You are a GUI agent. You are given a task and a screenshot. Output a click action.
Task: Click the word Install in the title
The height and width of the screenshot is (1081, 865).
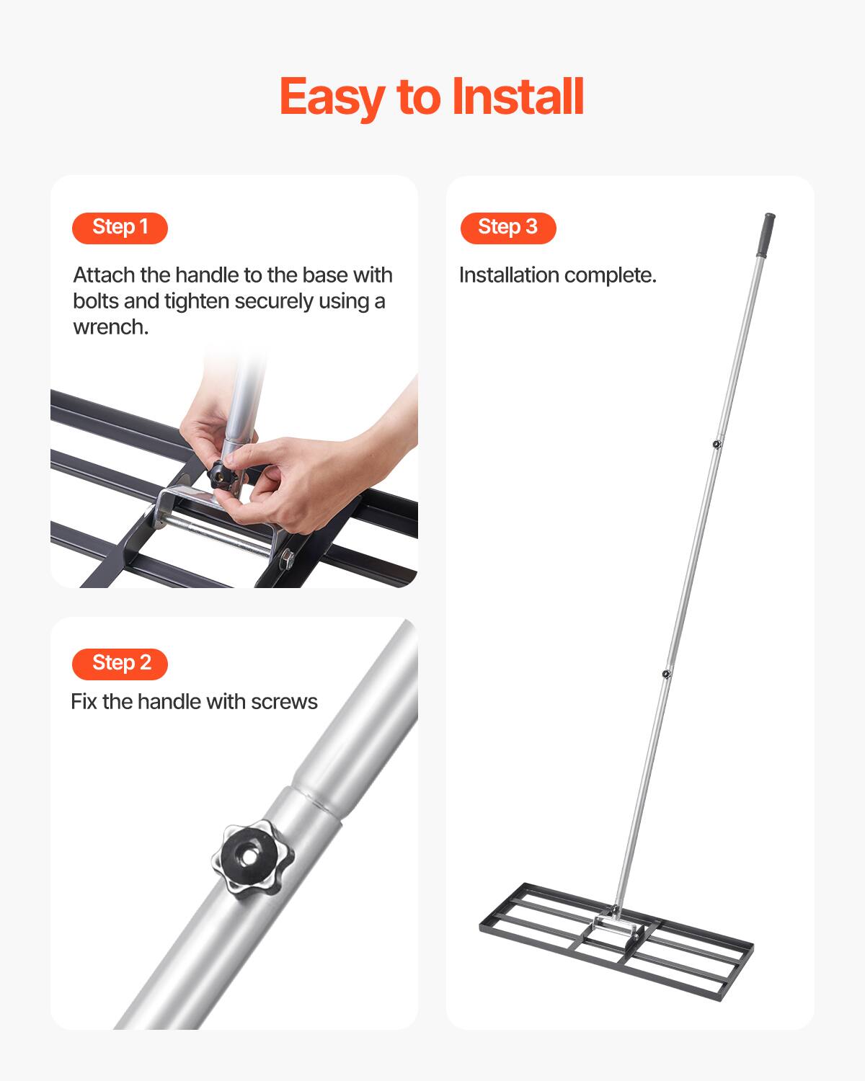(x=518, y=97)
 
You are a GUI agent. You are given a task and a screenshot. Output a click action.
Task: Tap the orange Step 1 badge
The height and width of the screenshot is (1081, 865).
(x=120, y=228)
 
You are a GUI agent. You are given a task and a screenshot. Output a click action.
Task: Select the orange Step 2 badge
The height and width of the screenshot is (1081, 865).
(x=120, y=663)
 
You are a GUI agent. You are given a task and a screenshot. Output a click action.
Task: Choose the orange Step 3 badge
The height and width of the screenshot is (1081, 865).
(x=508, y=228)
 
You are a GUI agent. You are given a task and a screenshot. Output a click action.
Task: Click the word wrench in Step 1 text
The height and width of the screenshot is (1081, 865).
(x=110, y=327)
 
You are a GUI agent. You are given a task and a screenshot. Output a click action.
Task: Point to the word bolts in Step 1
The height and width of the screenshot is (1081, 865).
(x=95, y=301)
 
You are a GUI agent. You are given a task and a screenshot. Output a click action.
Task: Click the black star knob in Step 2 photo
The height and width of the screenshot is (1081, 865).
(x=253, y=857)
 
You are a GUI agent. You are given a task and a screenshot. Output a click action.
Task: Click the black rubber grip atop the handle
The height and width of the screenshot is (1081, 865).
(x=765, y=233)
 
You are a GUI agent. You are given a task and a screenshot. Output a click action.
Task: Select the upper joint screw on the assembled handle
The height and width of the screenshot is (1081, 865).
(x=716, y=444)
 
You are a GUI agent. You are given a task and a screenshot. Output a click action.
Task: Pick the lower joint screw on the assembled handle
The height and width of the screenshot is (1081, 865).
(x=666, y=675)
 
